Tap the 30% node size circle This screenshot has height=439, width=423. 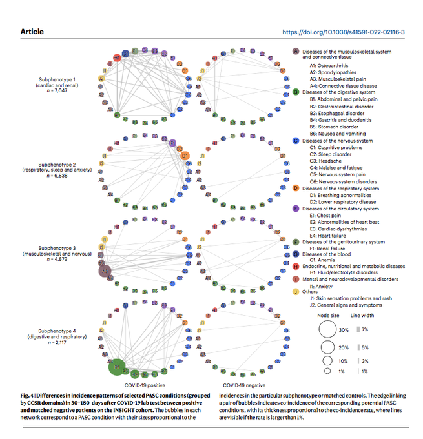tap(327, 329)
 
